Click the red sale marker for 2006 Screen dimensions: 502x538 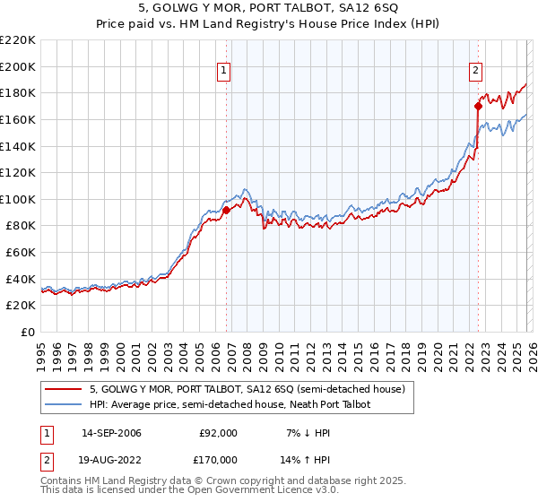point(226,210)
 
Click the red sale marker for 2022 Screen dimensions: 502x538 point(478,106)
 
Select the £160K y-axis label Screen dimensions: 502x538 point(18,119)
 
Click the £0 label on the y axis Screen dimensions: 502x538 point(27,333)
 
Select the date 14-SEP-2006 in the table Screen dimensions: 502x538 point(111,433)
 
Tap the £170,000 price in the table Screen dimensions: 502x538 point(218,460)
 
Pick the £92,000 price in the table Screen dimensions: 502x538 point(218,433)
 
